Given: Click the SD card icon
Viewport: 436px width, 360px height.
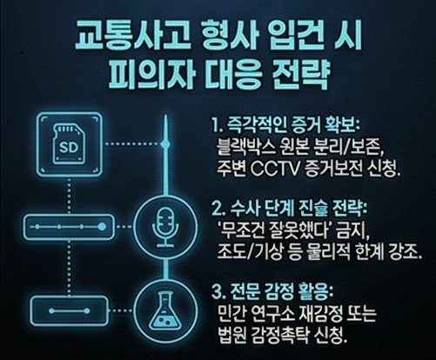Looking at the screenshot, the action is coord(70,144).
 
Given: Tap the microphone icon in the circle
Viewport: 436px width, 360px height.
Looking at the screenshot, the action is coord(165,227).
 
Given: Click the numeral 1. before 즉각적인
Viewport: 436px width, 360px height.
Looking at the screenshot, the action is coord(217,126).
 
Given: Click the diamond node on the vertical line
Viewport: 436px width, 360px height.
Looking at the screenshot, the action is coord(165,143).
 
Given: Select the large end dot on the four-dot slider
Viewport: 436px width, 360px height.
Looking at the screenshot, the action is coord(102,227).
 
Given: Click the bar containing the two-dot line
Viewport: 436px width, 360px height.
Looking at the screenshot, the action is coord(69,311).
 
